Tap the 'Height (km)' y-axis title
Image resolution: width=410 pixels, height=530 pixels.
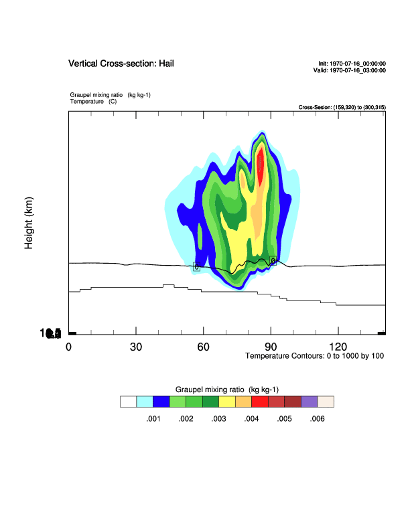[x=29, y=224]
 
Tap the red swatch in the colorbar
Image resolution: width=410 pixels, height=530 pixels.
[x=260, y=402]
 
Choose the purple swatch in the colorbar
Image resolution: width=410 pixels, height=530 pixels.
[x=309, y=402]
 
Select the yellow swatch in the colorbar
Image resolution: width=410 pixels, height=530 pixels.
[x=227, y=402]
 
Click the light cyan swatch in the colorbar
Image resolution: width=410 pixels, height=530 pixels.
[x=145, y=402]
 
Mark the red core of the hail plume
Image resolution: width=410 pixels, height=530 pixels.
[x=261, y=167]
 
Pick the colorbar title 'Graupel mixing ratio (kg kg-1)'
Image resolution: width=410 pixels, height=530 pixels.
[x=226, y=389]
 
